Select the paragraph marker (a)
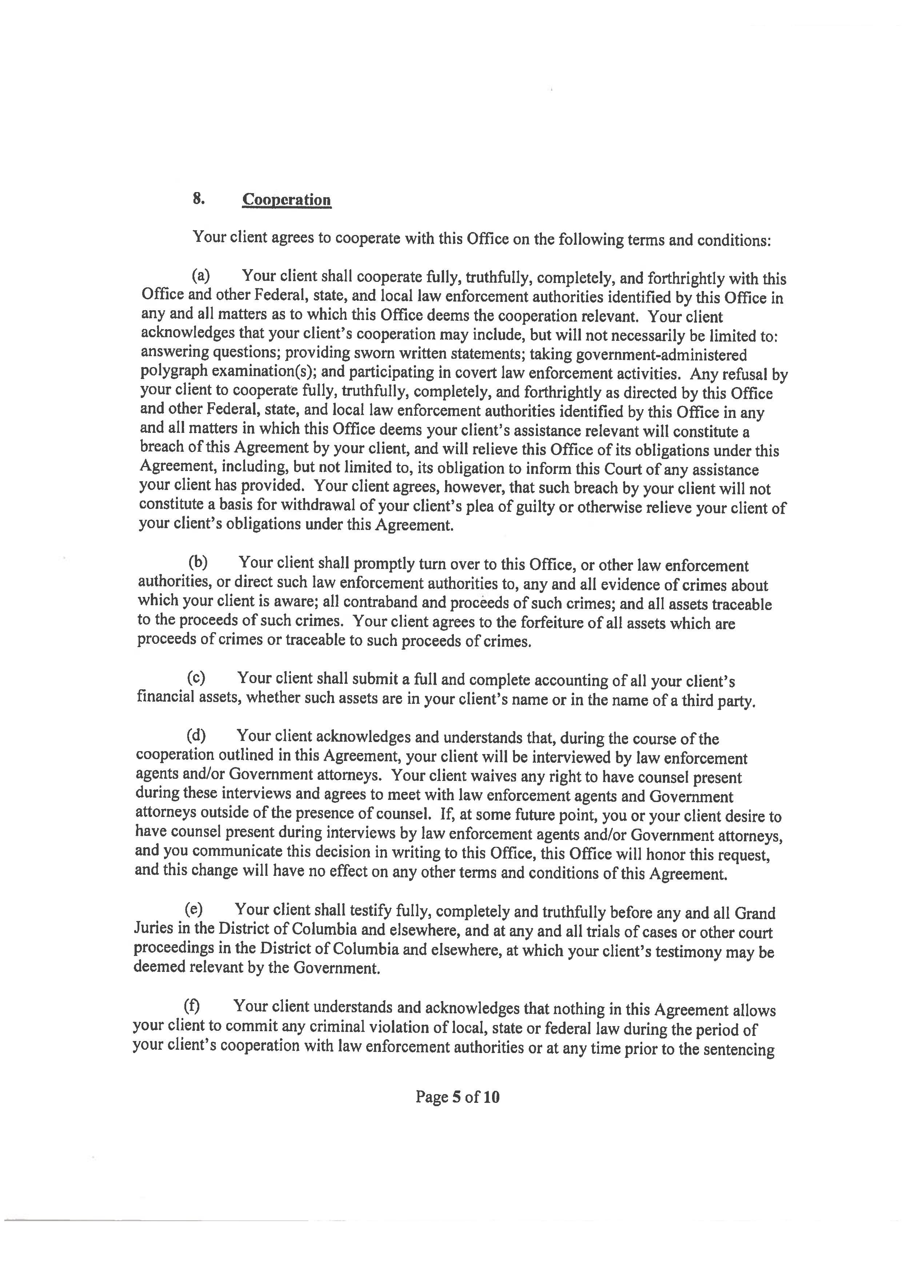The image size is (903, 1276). coord(200,276)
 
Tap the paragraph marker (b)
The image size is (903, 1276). coord(197,562)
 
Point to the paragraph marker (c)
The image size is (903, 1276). coord(196,678)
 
